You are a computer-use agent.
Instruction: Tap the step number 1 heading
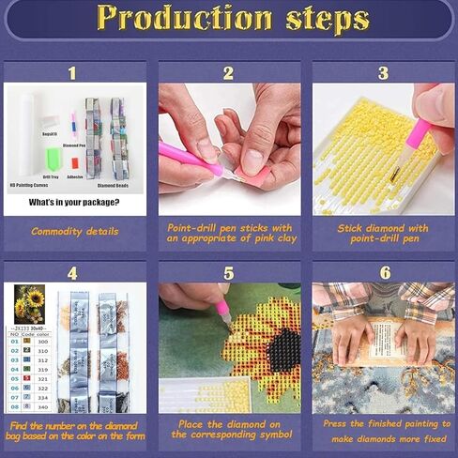coord(72,72)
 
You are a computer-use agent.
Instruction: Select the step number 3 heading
coord(382,72)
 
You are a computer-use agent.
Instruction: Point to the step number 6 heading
coord(382,272)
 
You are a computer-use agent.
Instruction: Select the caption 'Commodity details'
coord(74,231)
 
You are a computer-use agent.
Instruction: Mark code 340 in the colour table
coord(42,407)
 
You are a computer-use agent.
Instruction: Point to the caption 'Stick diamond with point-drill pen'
coord(382,232)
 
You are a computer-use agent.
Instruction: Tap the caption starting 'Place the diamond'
coord(228,428)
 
